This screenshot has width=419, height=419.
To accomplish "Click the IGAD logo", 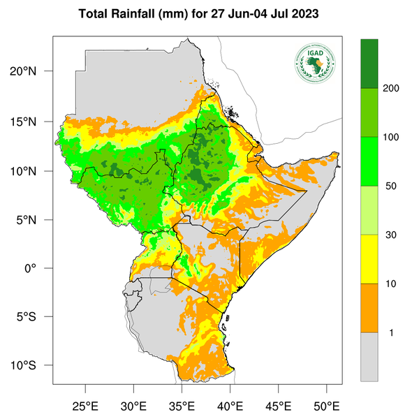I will [x=315, y=62].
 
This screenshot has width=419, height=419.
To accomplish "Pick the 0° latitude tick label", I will [x=41, y=269].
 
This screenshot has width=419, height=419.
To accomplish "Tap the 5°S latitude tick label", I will [x=35, y=317].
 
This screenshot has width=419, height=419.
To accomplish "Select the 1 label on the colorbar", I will [x=391, y=332].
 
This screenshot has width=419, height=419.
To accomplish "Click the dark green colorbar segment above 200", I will [x=369, y=64].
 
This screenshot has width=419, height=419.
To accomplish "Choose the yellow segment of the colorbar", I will [x=369, y=259].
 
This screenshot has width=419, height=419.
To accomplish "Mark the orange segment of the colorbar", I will [x=369, y=308].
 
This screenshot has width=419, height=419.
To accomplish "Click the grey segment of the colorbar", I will [x=369, y=357].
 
